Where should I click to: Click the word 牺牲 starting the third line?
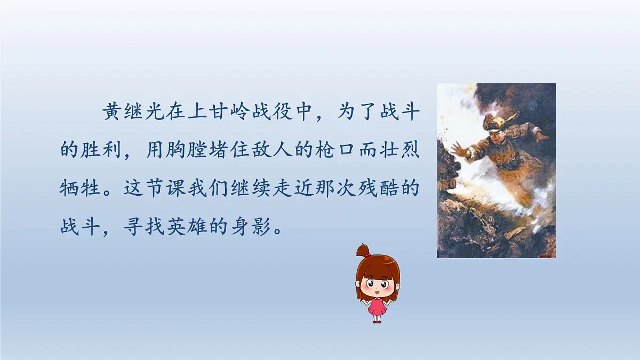[x=79, y=189]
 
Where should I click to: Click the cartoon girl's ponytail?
[x=363, y=250]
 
